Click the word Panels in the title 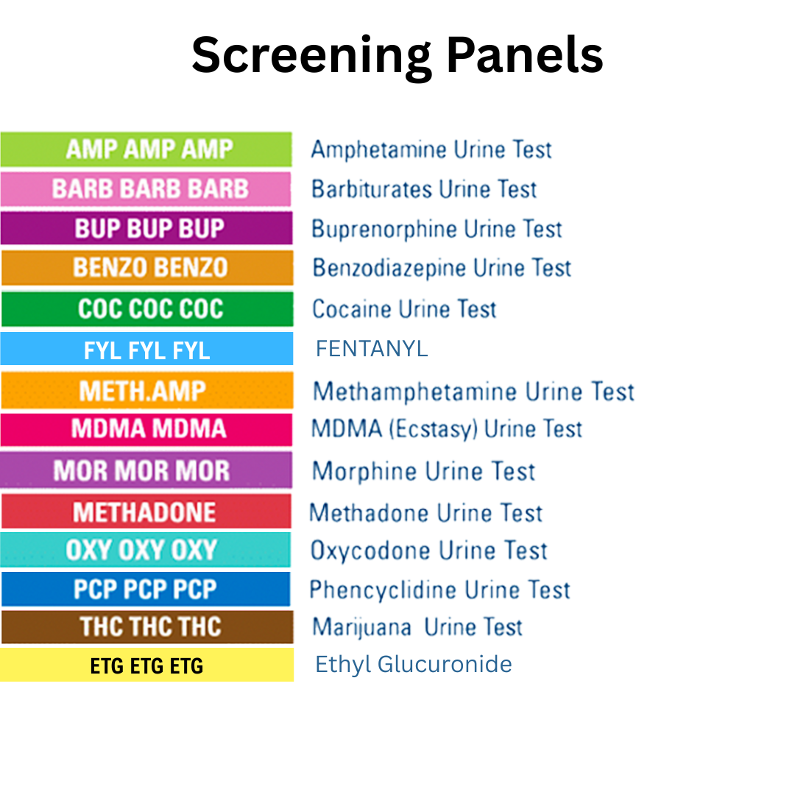pyautogui.click(x=525, y=56)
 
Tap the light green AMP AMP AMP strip pyautogui.click(x=147, y=149)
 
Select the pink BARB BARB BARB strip pyautogui.click(x=147, y=189)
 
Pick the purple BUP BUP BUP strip pyautogui.click(x=147, y=228)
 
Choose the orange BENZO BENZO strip pyautogui.click(x=147, y=267)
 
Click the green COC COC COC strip pyautogui.click(x=147, y=308)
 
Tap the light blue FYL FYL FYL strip pyautogui.click(x=147, y=349)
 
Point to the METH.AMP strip pyautogui.click(x=147, y=390)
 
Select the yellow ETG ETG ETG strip pyautogui.click(x=147, y=665)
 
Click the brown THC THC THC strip pyautogui.click(x=147, y=626)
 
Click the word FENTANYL pyautogui.click(x=372, y=348)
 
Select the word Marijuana pyautogui.click(x=361, y=627)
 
